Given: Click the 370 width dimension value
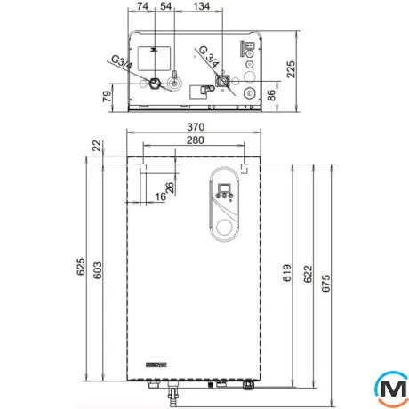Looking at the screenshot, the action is point(196,127).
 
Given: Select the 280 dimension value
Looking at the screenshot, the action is point(195,140).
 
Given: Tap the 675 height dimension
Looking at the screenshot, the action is point(325,284).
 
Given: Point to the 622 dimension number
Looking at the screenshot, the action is point(308,274).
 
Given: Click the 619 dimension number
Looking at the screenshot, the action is point(286,273).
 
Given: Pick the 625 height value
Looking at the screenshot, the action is point(81,267).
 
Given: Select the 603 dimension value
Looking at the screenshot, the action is point(97,270).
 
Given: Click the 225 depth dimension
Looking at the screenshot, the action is point(291,69).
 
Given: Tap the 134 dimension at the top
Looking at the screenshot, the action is point(201,6).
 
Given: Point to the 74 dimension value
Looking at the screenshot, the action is point(142,6).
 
